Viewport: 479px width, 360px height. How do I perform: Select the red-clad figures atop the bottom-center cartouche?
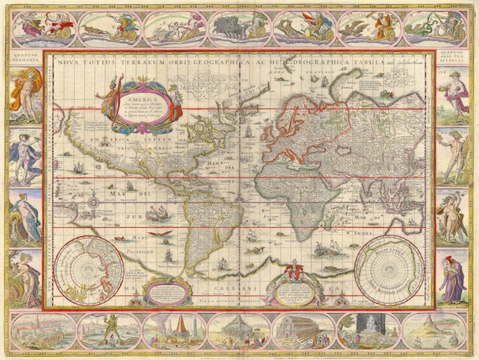click(x=289, y=271)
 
